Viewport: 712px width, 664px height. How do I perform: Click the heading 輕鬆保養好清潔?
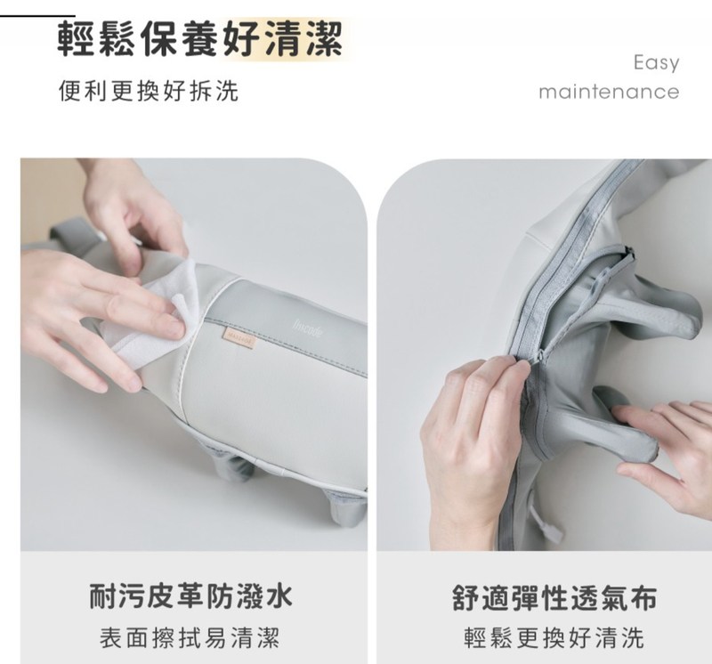[x=200, y=40]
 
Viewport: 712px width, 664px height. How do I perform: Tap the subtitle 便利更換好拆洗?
[x=149, y=91]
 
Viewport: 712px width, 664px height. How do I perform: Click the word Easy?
[x=657, y=62]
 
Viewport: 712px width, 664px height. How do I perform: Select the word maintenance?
[x=609, y=92]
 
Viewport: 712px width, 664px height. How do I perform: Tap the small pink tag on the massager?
[x=239, y=338]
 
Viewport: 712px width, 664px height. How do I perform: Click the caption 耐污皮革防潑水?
[x=191, y=596]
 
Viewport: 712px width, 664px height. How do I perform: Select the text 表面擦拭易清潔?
[x=190, y=636]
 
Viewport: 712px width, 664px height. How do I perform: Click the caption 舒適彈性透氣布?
[x=554, y=598]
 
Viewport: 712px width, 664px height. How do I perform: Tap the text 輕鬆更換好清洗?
[x=554, y=637]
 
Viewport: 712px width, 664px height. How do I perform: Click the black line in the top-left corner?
[x=37, y=16]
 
